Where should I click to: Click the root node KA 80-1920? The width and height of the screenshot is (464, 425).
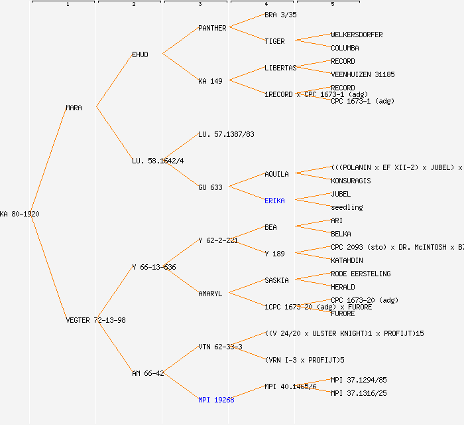click(x=19, y=214)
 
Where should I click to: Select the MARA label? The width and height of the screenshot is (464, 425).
click(x=74, y=108)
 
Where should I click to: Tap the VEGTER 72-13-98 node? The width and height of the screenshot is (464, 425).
click(x=95, y=320)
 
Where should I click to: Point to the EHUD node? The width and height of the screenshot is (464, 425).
click(x=140, y=54)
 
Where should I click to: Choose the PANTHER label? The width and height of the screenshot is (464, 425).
click(x=212, y=28)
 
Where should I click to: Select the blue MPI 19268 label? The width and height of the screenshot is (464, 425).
click(x=216, y=400)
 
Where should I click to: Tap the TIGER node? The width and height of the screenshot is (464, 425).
click(x=274, y=41)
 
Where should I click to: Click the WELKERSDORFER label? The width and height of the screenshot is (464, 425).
click(x=357, y=35)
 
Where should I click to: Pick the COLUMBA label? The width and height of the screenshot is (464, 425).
click(x=345, y=48)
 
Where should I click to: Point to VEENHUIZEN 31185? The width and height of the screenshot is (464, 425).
click(x=363, y=74)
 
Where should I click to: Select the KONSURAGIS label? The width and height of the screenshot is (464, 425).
click(x=351, y=181)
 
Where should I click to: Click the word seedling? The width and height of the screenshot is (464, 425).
click(x=347, y=207)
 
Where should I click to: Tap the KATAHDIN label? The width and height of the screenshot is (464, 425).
click(x=347, y=260)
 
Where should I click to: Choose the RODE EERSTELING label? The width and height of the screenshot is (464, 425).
click(x=361, y=274)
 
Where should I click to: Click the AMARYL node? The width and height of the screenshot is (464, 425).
click(x=210, y=294)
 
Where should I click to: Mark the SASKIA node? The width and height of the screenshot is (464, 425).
click(x=276, y=280)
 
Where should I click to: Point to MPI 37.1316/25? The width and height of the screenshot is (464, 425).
click(x=359, y=393)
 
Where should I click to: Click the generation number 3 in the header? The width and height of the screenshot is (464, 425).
click(x=200, y=5)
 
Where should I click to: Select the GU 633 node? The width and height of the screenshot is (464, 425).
click(x=210, y=187)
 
